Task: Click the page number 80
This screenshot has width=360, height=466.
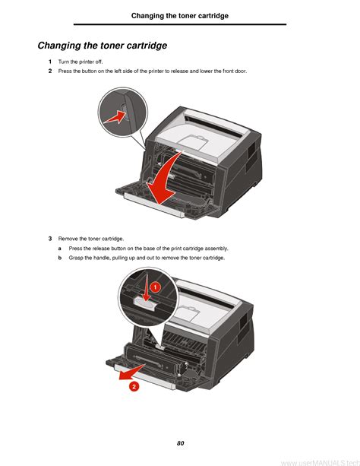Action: [180, 443]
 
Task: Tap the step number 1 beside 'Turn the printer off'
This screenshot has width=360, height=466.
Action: [50, 62]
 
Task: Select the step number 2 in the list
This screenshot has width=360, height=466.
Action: [50, 71]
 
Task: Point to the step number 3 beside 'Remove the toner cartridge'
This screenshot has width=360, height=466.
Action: [50, 239]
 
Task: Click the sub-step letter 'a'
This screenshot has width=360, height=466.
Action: [60, 249]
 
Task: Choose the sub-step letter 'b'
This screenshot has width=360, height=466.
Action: [60, 258]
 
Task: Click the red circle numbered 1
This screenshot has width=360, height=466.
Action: [155, 287]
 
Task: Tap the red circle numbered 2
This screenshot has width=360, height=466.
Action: [134, 386]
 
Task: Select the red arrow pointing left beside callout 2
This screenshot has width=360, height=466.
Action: [131, 372]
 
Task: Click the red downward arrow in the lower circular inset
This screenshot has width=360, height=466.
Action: [146, 287]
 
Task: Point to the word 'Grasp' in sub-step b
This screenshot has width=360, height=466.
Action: [76, 258]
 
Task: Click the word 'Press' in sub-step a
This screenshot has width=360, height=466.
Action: [74, 249]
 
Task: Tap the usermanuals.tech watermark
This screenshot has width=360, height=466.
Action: [321, 463]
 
